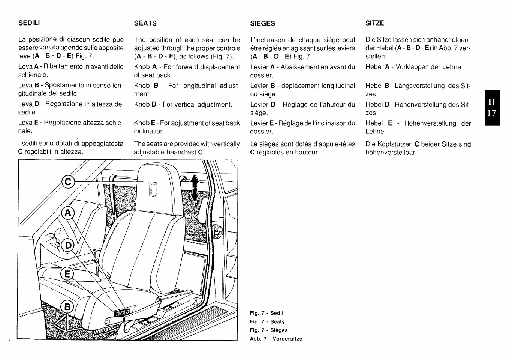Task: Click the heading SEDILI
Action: (x=29, y=22)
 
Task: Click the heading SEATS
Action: (x=145, y=23)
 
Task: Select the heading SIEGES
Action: (x=262, y=23)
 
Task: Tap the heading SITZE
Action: (x=375, y=23)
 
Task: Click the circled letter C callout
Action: (x=68, y=183)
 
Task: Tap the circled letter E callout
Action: (x=67, y=274)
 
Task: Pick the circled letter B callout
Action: (x=67, y=307)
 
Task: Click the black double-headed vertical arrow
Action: (x=195, y=188)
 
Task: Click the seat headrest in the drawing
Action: (x=156, y=184)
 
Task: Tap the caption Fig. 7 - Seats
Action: (x=267, y=321)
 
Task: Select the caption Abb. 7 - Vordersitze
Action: (x=276, y=339)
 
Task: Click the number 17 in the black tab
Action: (x=492, y=113)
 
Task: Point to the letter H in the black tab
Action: (x=492, y=102)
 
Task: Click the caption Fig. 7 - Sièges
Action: (x=269, y=330)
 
